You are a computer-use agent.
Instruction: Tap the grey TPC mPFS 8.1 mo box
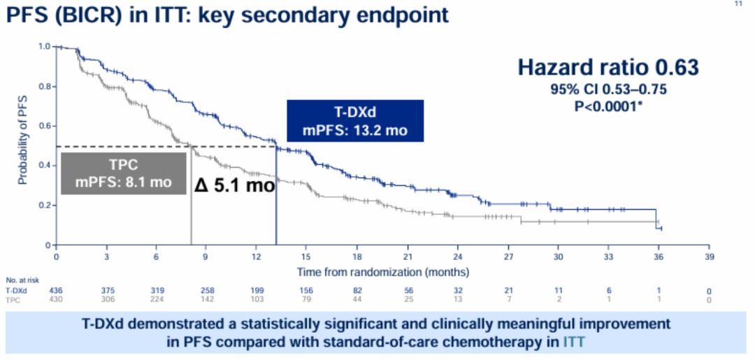pyautogui.click(x=123, y=174)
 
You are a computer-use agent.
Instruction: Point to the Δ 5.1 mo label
pyautogui.click(x=233, y=186)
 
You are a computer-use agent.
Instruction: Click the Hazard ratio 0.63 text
pyautogui.click(x=608, y=67)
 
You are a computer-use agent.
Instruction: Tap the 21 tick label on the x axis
pyautogui.click(x=407, y=257)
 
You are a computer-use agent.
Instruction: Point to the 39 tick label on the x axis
pyautogui.click(x=709, y=257)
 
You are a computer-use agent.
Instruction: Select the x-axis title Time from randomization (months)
pyautogui.click(x=383, y=271)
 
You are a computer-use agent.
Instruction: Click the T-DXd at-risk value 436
pyautogui.click(x=57, y=290)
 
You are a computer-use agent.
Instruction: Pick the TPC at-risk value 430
pyautogui.click(x=57, y=299)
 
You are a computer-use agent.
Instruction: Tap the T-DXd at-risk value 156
pyautogui.click(x=307, y=290)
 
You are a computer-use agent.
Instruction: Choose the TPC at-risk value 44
pyautogui.click(x=357, y=299)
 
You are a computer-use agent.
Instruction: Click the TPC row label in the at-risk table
pyautogui.click(x=13, y=299)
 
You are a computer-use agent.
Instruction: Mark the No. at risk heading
pyautogui.click(x=20, y=280)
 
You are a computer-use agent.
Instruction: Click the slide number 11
pyautogui.click(x=740, y=4)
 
